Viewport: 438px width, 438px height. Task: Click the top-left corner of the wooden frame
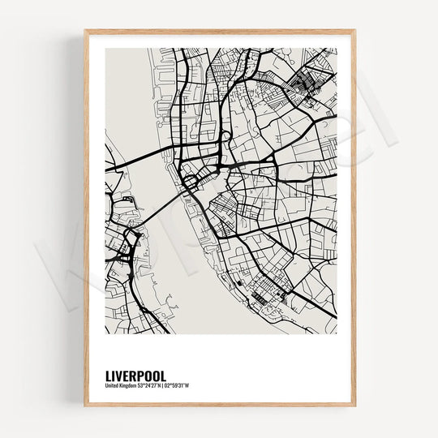pos(84,31)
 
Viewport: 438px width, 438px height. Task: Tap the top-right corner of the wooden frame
pos(354,31)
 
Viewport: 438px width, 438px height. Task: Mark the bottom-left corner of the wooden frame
pos(84,405)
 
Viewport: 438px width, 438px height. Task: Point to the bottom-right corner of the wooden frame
pos(354,405)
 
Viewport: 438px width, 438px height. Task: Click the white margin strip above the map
pos(219,41)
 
